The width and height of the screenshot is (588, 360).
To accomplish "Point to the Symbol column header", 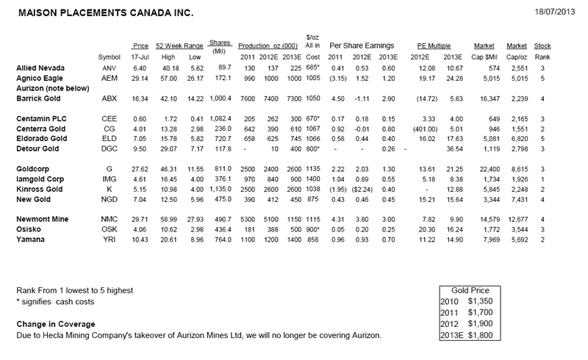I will click(x=108, y=57).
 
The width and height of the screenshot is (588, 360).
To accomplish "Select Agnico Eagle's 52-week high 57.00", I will click(x=171, y=77).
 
